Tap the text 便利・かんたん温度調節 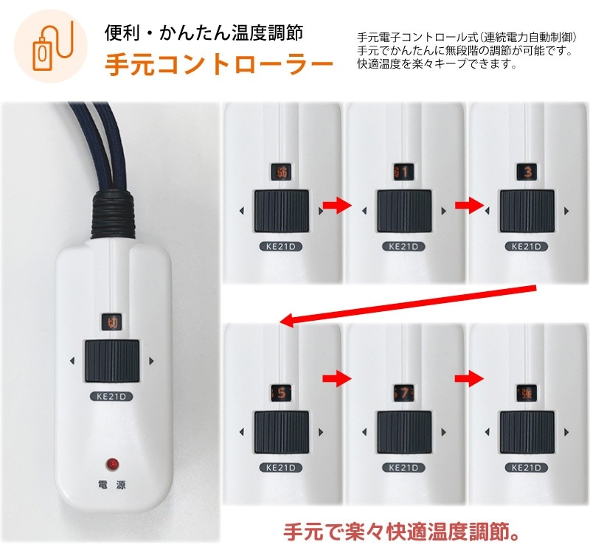pyautogui.click(x=202, y=32)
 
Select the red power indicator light pyautogui.click(x=113, y=464)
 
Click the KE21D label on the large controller pyautogui.click(x=113, y=395)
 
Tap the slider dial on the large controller pyautogui.click(x=112, y=361)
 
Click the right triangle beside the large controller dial pyautogui.click(x=151, y=361)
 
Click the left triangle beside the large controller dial pyautogui.click(x=72, y=361)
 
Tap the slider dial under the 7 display pyautogui.click(x=404, y=432)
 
